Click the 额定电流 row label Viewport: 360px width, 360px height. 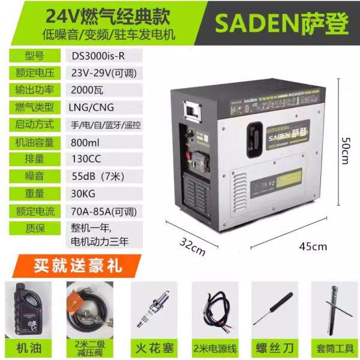coord(34,211)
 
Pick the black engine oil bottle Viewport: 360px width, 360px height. coord(27,308)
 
